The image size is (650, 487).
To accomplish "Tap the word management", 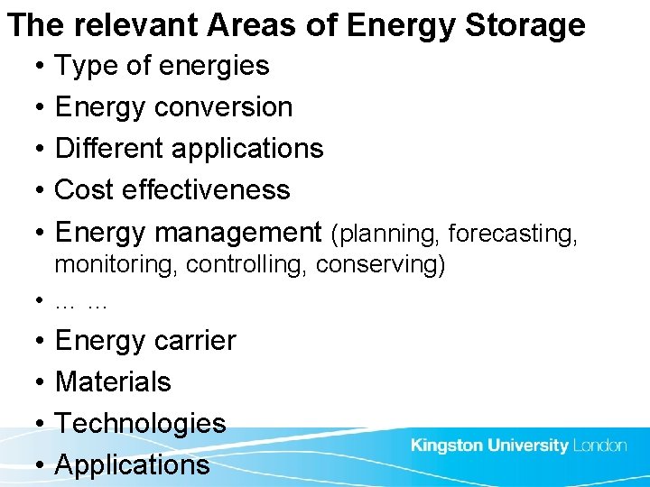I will [238, 233].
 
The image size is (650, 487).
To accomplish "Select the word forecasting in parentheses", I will [512, 234].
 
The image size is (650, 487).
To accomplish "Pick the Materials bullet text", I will [113, 381].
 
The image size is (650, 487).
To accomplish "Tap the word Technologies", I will [140, 423].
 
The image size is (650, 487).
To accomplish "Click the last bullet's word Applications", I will [132, 464].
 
